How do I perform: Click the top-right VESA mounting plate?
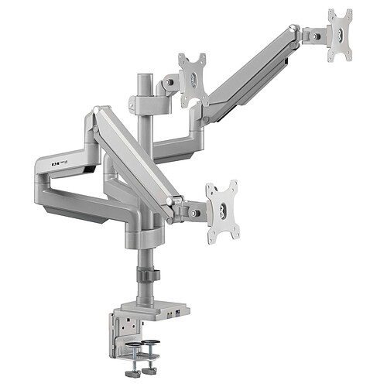[x=339, y=35]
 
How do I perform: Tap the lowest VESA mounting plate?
[x=221, y=211]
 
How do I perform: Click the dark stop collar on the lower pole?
[x=146, y=275]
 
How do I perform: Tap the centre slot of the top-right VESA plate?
[x=340, y=36]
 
